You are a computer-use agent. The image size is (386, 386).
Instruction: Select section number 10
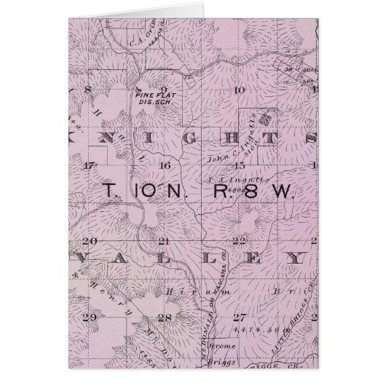tap(236, 90)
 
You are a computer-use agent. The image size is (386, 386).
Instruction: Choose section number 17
tap(90, 165)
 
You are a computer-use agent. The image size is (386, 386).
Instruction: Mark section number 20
tap(91, 241)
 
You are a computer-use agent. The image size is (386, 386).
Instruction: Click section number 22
tap(237, 241)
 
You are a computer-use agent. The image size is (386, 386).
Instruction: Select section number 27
tap(237, 317)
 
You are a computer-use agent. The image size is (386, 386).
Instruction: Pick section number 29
tap(91, 317)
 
